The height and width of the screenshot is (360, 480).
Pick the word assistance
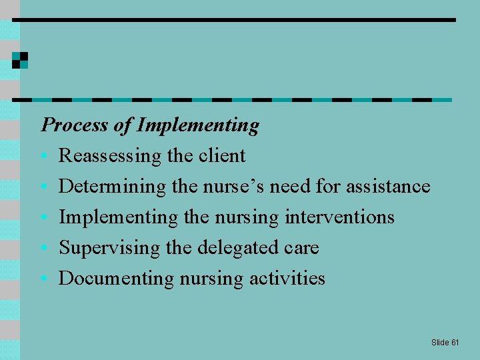pyautogui.click(x=388, y=186)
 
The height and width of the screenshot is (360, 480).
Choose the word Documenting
pyautogui.click(x=117, y=278)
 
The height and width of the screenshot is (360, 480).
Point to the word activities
pyautogui.click(x=287, y=278)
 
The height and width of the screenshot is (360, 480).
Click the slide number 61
pyautogui.click(x=455, y=342)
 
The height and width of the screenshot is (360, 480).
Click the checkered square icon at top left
pyautogui.click(x=20, y=60)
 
